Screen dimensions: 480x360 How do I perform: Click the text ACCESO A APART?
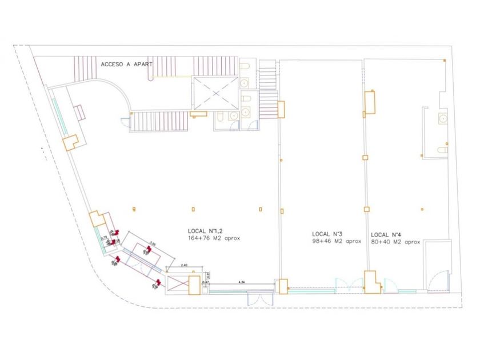[126, 65]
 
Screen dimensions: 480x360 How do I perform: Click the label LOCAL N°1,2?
[205, 230]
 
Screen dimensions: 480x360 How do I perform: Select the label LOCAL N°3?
[327, 234]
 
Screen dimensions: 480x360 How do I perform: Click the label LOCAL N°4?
[386, 234]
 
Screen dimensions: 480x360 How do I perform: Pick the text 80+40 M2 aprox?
[395, 242]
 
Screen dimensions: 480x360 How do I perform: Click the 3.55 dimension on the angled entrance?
[152, 243]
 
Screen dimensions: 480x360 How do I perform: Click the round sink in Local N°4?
[442, 119]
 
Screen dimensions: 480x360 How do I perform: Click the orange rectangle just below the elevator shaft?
[198, 114]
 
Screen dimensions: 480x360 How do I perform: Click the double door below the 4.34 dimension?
[253, 299]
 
